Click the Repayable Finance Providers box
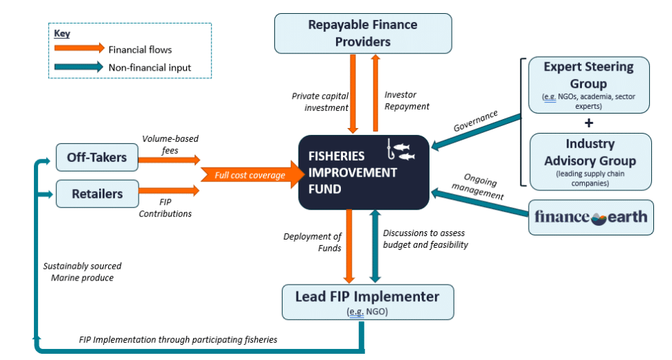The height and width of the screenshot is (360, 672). [x=363, y=33]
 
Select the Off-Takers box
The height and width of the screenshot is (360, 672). [x=96, y=158]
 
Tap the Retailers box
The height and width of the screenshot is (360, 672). [x=96, y=194]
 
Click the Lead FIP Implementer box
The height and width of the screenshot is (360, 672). [x=368, y=302]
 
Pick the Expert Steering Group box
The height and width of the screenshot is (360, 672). [x=588, y=84]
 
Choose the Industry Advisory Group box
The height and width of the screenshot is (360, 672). [x=590, y=161]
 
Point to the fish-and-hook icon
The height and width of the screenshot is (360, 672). [x=400, y=151]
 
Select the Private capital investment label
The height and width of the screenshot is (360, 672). [x=319, y=101]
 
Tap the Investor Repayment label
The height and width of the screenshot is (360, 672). [x=407, y=101]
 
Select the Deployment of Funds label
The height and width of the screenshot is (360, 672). [x=311, y=242]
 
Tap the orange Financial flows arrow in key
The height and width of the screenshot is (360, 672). [x=78, y=49]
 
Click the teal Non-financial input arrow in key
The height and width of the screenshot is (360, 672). [x=78, y=67]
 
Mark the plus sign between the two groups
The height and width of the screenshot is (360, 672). [x=590, y=123]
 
